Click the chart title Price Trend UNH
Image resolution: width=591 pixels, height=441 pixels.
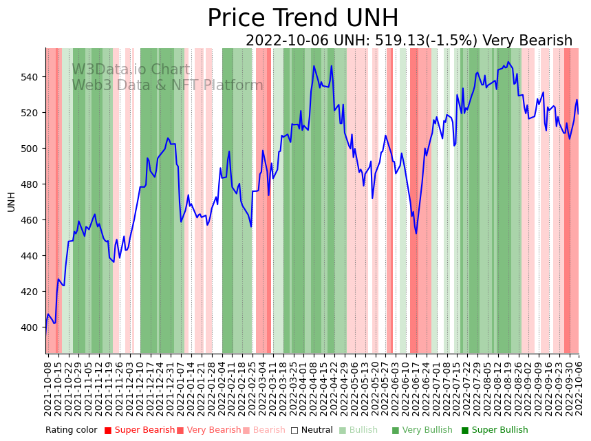coord(303,19)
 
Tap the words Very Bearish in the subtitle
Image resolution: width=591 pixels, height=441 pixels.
coord(527,41)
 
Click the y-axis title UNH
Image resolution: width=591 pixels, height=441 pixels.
coord(11,202)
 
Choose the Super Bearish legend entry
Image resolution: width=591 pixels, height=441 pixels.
coord(140,431)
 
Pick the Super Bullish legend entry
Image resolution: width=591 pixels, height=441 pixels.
coord(495,431)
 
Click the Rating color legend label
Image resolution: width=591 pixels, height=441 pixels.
coord(72,431)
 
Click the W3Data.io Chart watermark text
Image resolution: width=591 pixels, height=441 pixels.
coord(131,70)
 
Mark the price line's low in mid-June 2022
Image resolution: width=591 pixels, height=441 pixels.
coord(416,233)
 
